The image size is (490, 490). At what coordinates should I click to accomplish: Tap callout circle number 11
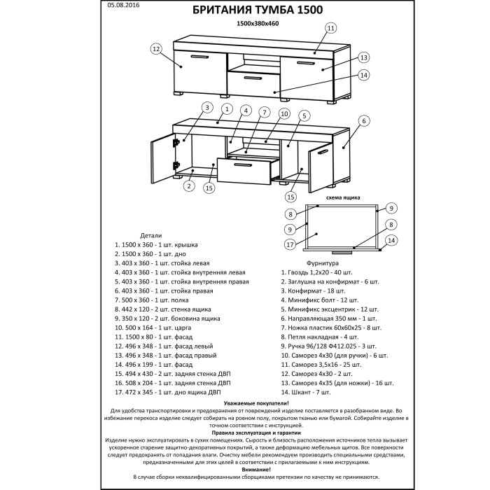coord(330,27)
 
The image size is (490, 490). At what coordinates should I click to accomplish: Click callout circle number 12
coord(156,49)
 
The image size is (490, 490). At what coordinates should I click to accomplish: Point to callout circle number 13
coord(363,57)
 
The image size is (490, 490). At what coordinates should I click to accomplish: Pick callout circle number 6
coord(364,120)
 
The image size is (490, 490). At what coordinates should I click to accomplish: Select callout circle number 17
coord(288,244)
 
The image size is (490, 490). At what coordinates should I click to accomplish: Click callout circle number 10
coord(284,113)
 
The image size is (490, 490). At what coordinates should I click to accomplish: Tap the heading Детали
coord(150,236)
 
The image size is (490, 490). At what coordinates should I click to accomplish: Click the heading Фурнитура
coord(302,263)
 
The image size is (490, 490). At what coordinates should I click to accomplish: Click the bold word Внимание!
coord(244,469)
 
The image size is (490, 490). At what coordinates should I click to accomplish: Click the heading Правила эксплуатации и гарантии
coord(244,433)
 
